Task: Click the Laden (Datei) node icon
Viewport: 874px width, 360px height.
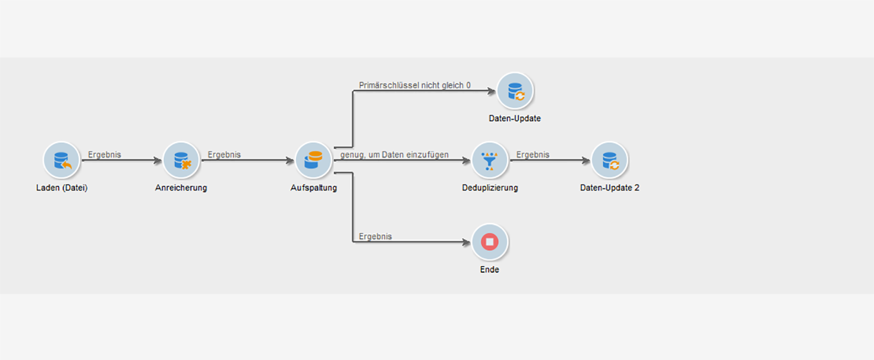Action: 61,160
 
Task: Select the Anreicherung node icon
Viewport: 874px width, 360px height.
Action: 181,160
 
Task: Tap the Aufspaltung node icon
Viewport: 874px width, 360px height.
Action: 313,160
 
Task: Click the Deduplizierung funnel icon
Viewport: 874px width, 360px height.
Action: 490,160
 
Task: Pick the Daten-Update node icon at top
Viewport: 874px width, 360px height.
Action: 515,91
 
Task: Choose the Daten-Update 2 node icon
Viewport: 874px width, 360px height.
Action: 609,160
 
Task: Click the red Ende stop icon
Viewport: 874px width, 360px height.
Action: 490,242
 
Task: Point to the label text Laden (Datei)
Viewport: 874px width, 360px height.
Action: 62,188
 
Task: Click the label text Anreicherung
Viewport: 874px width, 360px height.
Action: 181,188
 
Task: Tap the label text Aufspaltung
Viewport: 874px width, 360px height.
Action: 313,188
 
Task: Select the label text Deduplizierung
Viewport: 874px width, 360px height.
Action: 490,188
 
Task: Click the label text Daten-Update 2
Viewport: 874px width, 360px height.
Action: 609,188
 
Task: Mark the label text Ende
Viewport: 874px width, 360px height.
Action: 490,270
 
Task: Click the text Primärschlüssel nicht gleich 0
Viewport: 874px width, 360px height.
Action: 415,86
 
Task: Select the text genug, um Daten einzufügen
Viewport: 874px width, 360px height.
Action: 394,155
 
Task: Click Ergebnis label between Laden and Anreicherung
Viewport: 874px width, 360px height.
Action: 105,155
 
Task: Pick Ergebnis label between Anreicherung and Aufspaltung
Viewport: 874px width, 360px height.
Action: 224,155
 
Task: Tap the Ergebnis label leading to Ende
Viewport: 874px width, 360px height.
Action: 375,237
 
